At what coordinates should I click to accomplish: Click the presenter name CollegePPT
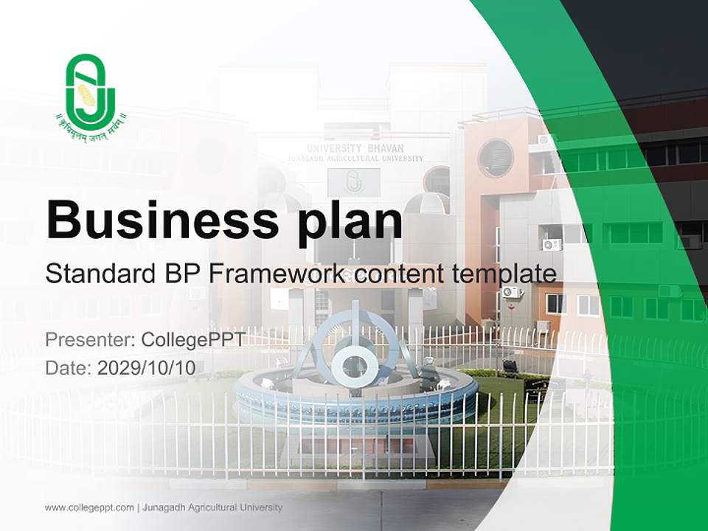coord(192,340)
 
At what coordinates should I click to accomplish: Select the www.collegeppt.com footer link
coord(89,507)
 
